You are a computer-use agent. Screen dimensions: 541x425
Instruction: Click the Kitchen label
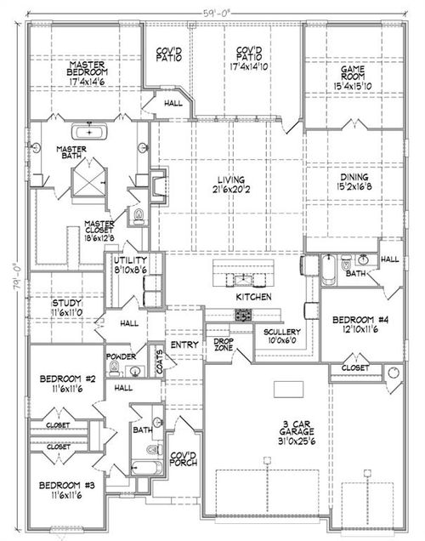[x=253, y=297]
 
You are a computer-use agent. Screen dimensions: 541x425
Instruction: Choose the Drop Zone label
[x=223, y=343]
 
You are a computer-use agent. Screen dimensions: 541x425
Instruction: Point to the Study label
[x=66, y=303]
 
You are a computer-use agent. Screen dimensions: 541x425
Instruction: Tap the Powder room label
[x=122, y=357]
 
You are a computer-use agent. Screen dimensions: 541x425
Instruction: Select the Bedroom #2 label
[x=65, y=379]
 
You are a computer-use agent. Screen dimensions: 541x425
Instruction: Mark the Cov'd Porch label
[x=184, y=458]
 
